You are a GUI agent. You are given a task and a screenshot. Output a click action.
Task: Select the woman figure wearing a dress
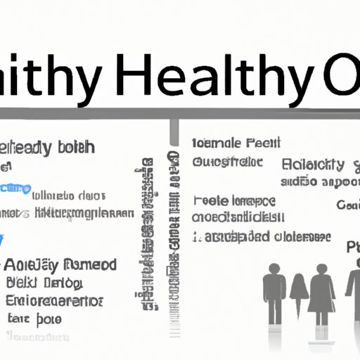[x=322, y=292]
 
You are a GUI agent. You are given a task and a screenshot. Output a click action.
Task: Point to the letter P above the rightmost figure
[x=353, y=247]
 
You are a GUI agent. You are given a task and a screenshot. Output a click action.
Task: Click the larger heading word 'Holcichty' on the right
[x=313, y=166]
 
